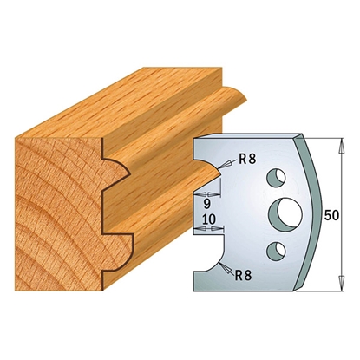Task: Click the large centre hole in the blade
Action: pyautogui.click(x=285, y=213)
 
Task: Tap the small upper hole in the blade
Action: pyautogui.click(x=276, y=178)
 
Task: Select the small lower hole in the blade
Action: pyautogui.click(x=276, y=251)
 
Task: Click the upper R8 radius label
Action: pyautogui.click(x=248, y=159)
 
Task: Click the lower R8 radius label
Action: pyautogui.click(x=243, y=275)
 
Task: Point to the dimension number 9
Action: pyautogui.click(x=207, y=204)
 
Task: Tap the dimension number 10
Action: pyautogui.click(x=208, y=219)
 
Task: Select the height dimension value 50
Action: pyautogui.click(x=331, y=215)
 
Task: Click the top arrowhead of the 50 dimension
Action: pyautogui.click(x=342, y=145)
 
